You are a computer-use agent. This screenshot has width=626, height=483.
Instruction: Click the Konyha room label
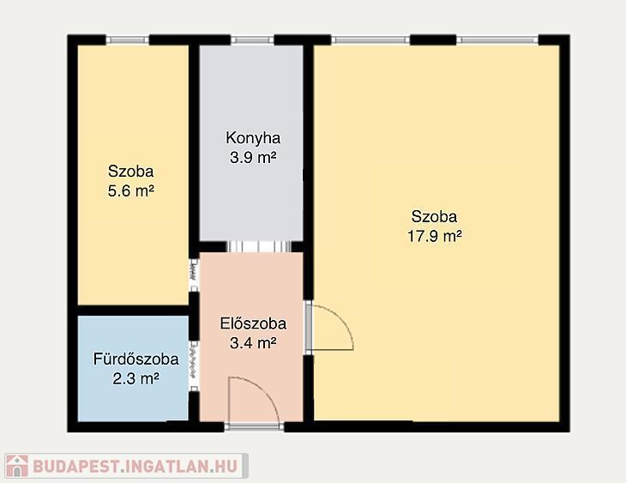coord(253,138)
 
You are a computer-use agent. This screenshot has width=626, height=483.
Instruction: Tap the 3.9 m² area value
coord(253,157)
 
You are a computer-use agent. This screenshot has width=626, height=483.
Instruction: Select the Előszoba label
coord(253,323)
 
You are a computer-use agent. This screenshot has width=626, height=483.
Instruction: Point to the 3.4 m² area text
coord(253,343)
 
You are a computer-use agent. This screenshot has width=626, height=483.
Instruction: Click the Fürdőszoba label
coord(135,359)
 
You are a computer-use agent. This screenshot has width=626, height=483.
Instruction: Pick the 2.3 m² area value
coord(135,378)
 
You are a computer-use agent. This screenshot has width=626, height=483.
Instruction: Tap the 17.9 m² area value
coord(435,236)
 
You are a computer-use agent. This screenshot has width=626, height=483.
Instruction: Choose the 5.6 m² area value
coord(131,190)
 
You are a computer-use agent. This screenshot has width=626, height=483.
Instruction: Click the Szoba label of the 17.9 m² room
coord(435,217)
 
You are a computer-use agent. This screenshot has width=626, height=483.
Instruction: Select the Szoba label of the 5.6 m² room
coord(131,172)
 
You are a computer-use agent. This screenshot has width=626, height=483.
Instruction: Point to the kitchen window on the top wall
coord(252,39)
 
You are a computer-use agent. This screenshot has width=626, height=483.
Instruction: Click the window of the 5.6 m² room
coord(128,39)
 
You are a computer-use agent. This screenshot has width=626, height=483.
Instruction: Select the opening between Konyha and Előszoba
coord(259,246)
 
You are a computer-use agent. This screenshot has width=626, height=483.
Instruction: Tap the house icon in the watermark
coord(17,466)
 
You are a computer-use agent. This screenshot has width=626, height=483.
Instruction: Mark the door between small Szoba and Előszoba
coord(194,275)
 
